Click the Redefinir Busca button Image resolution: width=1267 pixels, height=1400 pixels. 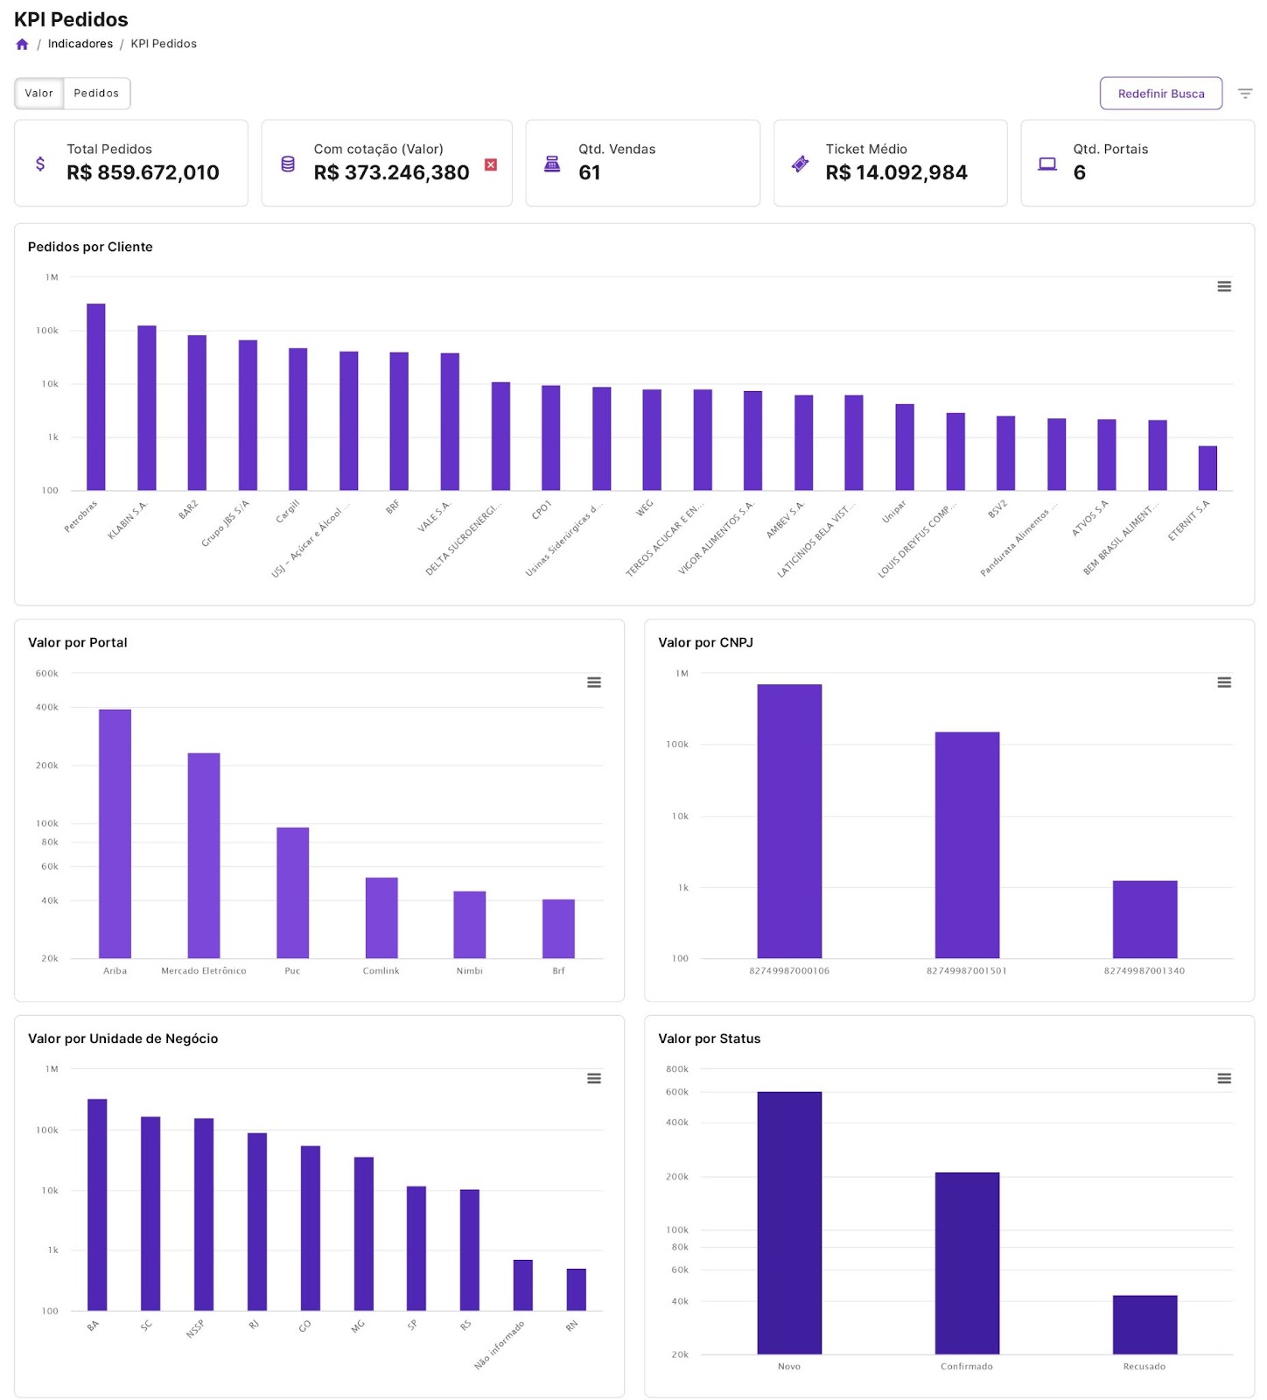point(1160,94)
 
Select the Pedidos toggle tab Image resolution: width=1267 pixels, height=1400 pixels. point(96,94)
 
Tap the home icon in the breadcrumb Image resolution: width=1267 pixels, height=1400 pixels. point(23,45)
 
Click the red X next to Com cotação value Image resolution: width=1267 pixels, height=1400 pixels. point(491,164)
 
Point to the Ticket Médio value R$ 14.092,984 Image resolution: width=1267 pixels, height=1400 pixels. point(896,172)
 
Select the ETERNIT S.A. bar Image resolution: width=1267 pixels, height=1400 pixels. point(1207,468)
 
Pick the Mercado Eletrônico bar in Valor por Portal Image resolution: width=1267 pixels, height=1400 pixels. point(204,855)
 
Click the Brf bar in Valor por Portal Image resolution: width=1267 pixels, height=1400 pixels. point(558,928)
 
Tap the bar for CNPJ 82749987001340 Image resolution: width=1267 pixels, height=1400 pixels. point(1144,919)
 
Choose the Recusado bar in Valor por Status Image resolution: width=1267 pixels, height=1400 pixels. point(1144,1324)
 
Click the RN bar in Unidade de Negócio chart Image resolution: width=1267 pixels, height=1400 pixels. point(576,1289)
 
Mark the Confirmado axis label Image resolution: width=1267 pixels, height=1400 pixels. point(966,1366)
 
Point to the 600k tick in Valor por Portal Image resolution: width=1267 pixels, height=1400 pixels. point(47,674)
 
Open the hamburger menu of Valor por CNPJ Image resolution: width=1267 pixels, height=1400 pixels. point(1224,682)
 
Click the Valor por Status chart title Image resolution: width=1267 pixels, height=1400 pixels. point(709,1039)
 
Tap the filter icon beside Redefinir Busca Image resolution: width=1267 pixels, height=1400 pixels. point(1245,94)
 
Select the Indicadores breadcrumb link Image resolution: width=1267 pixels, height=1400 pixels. point(80,44)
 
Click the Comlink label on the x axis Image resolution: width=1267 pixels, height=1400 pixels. point(381,970)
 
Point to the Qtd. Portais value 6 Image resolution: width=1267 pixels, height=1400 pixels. point(1080,172)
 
